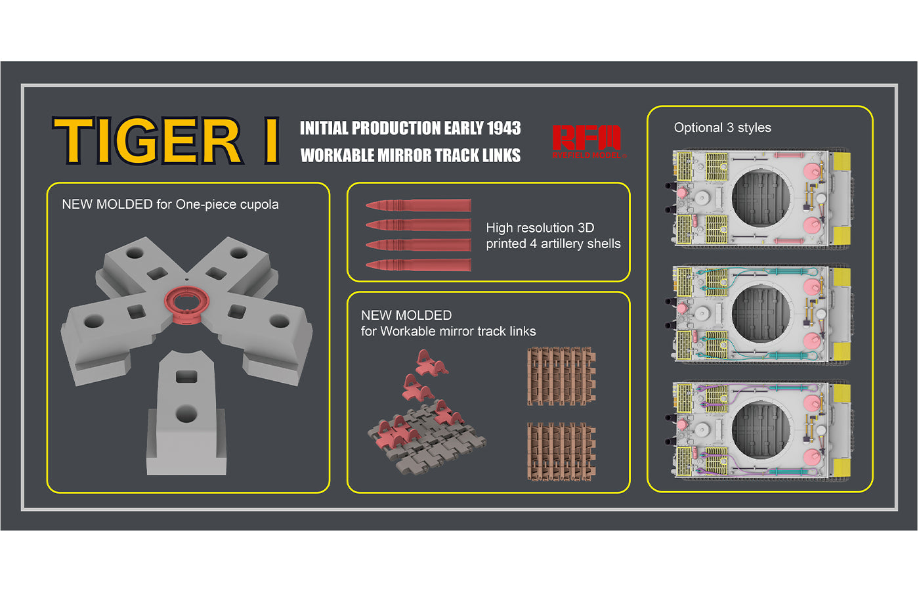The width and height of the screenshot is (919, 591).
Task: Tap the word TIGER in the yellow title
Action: (x=147, y=141)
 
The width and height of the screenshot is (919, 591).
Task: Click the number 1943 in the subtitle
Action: (x=504, y=128)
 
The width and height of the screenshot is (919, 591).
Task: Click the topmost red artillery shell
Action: (x=419, y=205)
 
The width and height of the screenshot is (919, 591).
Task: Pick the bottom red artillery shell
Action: (x=419, y=265)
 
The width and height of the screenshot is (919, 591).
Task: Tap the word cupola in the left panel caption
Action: (x=259, y=204)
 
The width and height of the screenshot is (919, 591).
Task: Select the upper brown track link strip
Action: (x=562, y=376)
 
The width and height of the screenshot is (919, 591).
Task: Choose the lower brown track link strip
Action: (x=562, y=452)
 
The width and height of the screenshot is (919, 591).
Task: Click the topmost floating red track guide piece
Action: (x=431, y=362)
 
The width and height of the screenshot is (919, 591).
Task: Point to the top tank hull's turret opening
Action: (x=761, y=198)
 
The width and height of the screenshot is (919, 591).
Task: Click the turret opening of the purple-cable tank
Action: (x=761, y=429)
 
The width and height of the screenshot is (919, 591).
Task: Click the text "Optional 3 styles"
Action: (x=723, y=127)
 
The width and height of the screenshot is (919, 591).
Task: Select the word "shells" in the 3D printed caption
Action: (x=602, y=244)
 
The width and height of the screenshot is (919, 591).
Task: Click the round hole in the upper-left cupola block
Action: (x=135, y=253)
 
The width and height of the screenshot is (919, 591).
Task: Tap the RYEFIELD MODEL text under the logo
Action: (x=587, y=155)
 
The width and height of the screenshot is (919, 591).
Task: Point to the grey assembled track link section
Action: (x=427, y=441)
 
